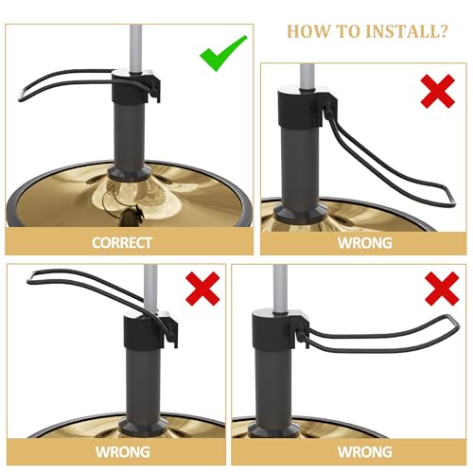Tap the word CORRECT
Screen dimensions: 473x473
coord(122,243)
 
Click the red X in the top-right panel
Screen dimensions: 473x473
coord(438,92)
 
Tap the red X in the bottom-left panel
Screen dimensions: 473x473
coord(202,289)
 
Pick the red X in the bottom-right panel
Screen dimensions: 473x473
coord(442,289)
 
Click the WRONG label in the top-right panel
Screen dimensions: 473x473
coord(365,243)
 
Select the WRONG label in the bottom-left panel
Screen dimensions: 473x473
coord(123,452)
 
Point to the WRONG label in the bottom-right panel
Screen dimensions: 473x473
coord(365,452)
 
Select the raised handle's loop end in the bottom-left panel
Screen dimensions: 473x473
coord(30,277)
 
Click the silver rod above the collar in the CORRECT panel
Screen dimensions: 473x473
coord(136,47)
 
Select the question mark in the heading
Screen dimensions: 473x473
coord(443,31)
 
